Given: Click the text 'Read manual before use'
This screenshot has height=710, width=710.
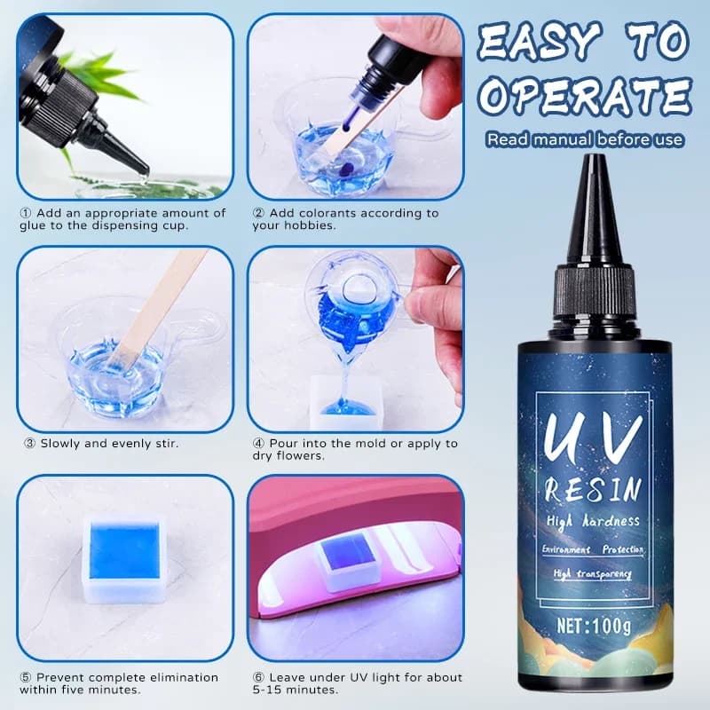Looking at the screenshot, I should tap(584, 139).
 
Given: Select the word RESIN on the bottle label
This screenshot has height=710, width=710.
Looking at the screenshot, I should tap(591, 488).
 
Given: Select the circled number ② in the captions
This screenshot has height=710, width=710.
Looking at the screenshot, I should tap(257, 213).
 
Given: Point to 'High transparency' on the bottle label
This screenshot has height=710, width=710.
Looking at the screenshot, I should tap(592, 574).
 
